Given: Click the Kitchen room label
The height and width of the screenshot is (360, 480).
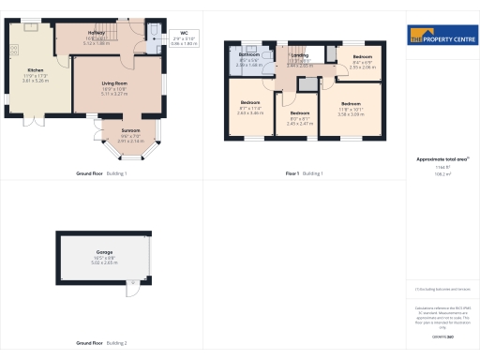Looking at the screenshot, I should (35, 70).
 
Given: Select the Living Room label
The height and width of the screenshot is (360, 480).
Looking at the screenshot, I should (114, 83).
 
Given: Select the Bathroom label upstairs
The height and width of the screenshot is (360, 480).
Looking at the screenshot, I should (248, 54).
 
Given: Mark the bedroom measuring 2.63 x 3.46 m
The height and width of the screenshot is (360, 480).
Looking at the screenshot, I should (250, 101).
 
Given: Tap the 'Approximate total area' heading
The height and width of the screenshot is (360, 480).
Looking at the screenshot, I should (442, 159).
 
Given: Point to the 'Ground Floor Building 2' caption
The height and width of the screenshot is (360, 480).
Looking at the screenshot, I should (101, 343).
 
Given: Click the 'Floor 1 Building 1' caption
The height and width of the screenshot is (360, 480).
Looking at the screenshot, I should (304, 174).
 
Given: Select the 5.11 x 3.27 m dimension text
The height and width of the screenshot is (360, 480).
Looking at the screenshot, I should (114, 94).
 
